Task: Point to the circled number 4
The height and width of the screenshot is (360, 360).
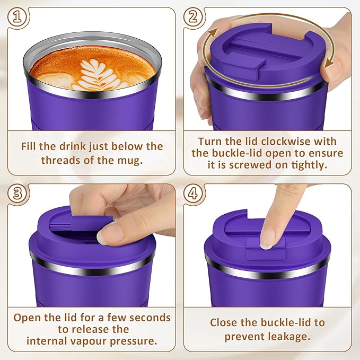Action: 195,194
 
